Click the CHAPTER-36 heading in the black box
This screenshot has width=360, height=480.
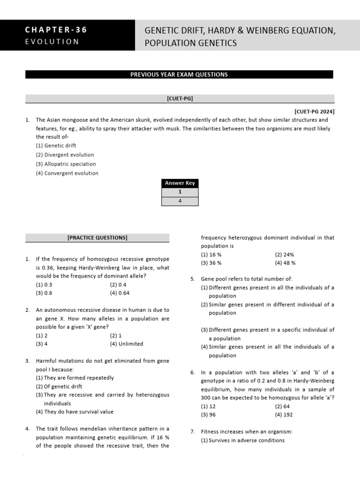(56, 30)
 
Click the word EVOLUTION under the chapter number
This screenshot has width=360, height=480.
(52, 41)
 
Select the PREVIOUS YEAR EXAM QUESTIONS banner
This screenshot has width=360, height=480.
(179, 75)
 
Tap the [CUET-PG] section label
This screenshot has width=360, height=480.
(180, 98)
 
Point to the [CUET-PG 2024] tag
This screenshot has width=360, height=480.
(314, 112)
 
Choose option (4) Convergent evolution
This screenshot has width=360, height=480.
(67, 173)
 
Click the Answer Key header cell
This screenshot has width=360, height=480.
(180, 183)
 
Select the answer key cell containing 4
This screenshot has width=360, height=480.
(180, 201)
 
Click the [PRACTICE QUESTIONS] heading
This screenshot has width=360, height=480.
(97, 238)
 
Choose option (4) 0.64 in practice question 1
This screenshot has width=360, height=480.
(120, 293)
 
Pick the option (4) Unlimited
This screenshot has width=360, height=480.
(127, 344)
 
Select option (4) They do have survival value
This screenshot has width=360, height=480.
(75, 412)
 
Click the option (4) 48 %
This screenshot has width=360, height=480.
(285, 263)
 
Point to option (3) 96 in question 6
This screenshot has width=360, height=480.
(208, 415)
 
